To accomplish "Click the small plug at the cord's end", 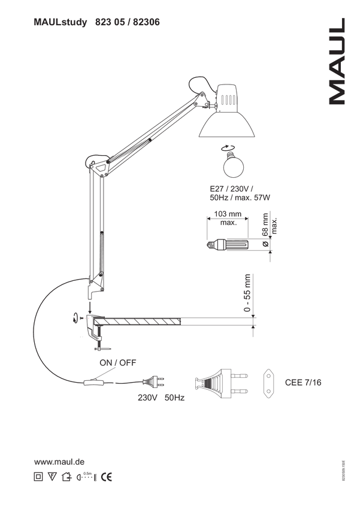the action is click(x=157, y=380).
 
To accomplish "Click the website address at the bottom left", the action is click(x=59, y=462).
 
